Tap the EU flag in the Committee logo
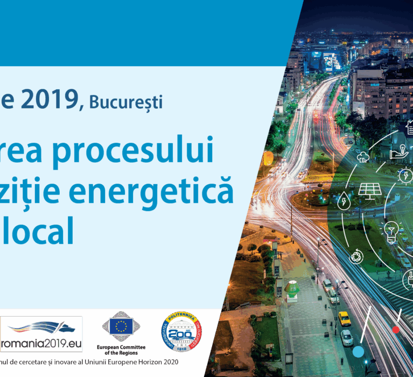tap(121, 325)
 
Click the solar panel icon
tap(370, 190)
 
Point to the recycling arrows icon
tap(356, 256)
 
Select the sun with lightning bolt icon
tap(405, 176)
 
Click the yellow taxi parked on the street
tap(345, 318)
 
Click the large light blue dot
tap(358, 352)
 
